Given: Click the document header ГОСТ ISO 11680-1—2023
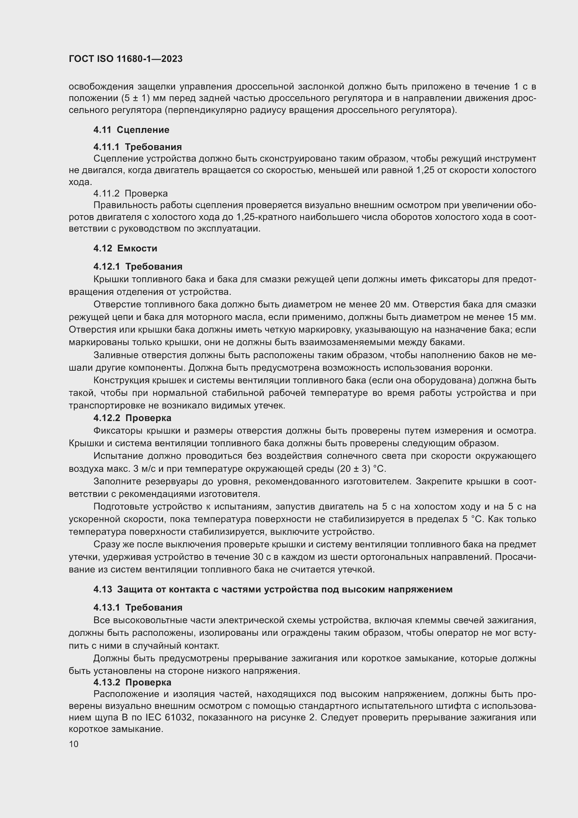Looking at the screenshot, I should pyautogui.click(x=126, y=59).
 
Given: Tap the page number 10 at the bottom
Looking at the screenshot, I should pyautogui.click(x=74, y=744).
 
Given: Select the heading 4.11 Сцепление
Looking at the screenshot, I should pyautogui.click(x=131, y=130).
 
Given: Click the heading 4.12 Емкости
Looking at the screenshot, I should pyautogui.click(x=125, y=248).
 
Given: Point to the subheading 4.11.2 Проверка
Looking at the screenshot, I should pyautogui.click(x=131, y=193).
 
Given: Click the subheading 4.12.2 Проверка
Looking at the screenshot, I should pyautogui.click(x=132, y=418).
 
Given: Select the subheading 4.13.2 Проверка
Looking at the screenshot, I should pyautogui.click(x=132, y=682).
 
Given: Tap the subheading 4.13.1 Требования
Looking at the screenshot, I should pyautogui.click(x=138, y=607).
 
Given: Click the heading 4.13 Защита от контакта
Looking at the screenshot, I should pyautogui.click(x=273, y=589).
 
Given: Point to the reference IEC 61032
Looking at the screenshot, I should pyautogui.click(x=169, y=717).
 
